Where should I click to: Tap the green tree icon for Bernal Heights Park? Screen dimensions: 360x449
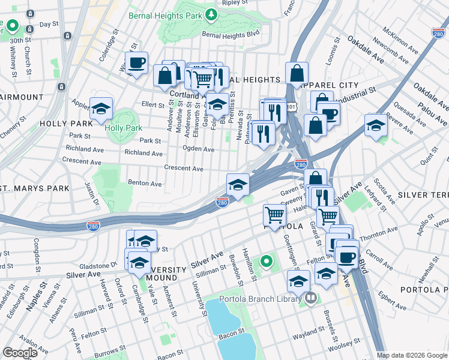pyautogui.click(x=211, y=14)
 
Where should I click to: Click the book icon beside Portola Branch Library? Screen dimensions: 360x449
pyautogui.click(x=310, y=298)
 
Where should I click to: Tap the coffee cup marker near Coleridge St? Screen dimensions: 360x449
pyautogui.click(x=137, y=63)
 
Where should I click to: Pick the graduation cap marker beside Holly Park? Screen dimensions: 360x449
pyautogui.click(x=101, y=109)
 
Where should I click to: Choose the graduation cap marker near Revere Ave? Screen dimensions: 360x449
pyautogui.click(x=376, y=125)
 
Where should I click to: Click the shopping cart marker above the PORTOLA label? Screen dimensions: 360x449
pyautogui.click(x=274, y=215)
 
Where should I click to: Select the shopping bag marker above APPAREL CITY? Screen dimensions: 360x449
pyautogui.click(x=297, y=74)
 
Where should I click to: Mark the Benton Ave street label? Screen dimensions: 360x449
pyautogui.click(x=145, y=183)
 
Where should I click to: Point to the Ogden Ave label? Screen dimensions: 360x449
pyautogui.click(x=199, y=149)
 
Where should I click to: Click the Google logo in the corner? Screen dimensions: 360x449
pyautogui.click(x=20, y=353)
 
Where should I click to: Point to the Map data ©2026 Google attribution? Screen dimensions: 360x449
pyautogui.click(x=412, y=355)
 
